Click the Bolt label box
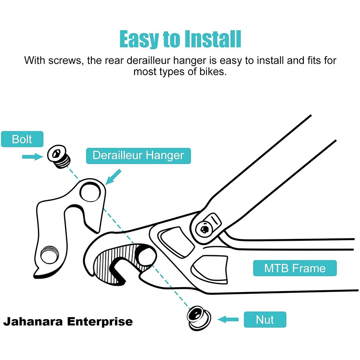click(22, 139)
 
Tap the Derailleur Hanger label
click(139, 156)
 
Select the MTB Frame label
click(295, 268)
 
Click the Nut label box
click(265, 319)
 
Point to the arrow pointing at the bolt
click(32, 157)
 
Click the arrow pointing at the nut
click(228, 319)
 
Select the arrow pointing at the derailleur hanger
click(113, 177)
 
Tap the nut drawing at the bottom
click(198, 318)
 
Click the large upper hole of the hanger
click(90, 192)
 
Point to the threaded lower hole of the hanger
click(49, 255)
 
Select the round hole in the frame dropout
click(145, 257)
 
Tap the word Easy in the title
click(139, 40)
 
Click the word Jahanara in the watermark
click(33, 321)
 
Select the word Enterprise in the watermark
click(100, 322)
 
